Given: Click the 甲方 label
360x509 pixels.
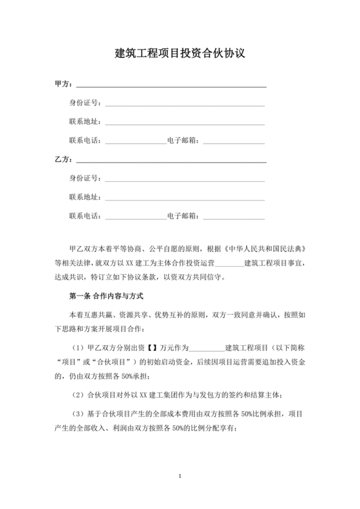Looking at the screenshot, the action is click(x=64, y=84).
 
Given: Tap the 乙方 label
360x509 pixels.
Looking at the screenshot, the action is click(x=64, y=158).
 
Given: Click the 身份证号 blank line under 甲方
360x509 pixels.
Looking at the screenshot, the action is click(x=185, y=105).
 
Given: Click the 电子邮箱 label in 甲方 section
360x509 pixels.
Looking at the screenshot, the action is click(x=185, y=139).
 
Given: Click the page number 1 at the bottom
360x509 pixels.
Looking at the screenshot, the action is click(x=180, y=476).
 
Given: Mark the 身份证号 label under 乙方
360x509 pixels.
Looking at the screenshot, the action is click(x=84, y=177).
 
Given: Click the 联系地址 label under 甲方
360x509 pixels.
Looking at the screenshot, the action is click(x=84, y=121).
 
